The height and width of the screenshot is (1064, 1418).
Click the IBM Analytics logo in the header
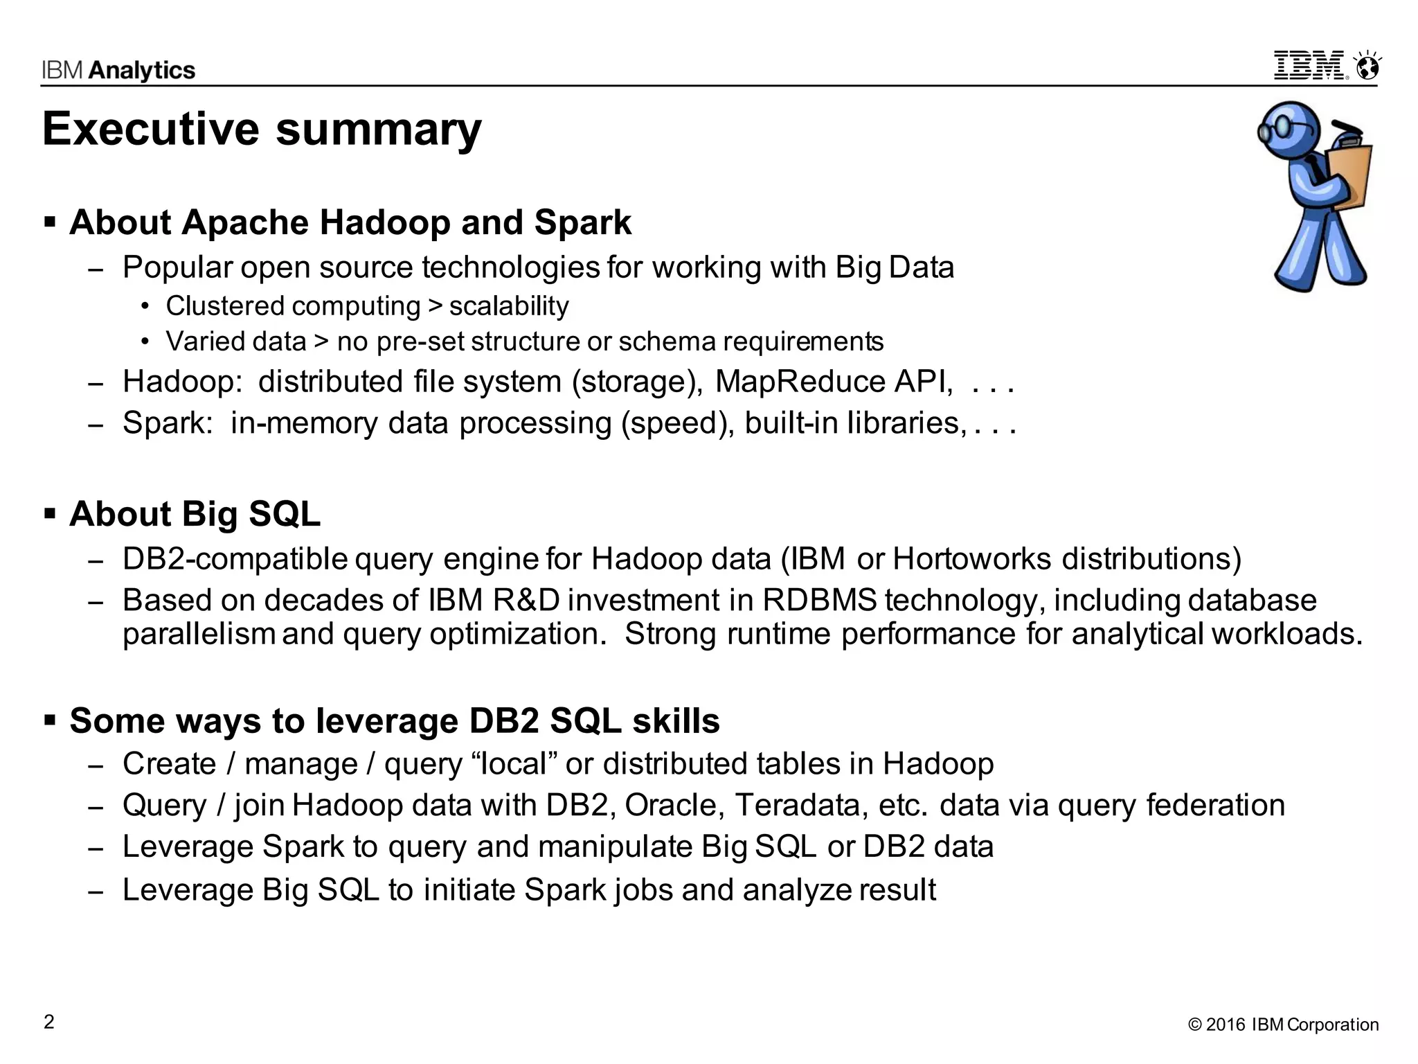118,70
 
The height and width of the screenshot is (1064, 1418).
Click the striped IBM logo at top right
1309,66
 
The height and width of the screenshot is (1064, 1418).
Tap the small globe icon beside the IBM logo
1367,67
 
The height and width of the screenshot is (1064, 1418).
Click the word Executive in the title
150,130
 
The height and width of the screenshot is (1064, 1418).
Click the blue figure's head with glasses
1289,129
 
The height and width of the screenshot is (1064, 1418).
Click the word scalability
509,305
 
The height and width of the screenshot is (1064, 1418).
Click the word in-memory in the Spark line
304,423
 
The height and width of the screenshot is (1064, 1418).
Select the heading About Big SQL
195,514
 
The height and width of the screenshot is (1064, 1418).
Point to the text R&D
526,600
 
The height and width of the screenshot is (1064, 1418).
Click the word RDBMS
820,600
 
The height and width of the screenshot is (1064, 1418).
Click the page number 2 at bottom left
48,1022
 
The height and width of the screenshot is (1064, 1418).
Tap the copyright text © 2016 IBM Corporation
1283,1025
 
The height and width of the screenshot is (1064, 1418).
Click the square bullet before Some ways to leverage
50,720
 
